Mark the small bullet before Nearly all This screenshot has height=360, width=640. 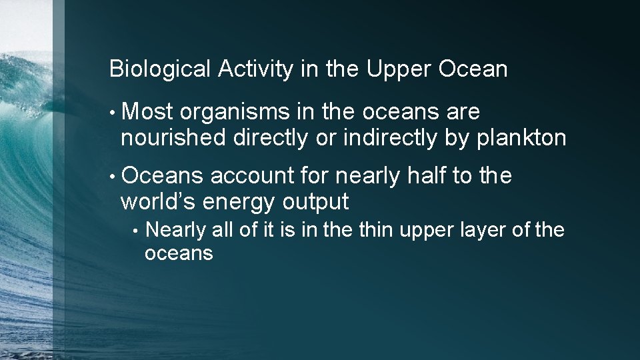pyautogui.click(x=136, y=231)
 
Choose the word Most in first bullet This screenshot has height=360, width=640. pyautogui.click(x=148, y=112)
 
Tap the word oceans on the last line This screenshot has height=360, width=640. pyautogui.click(x=179, y=253)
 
